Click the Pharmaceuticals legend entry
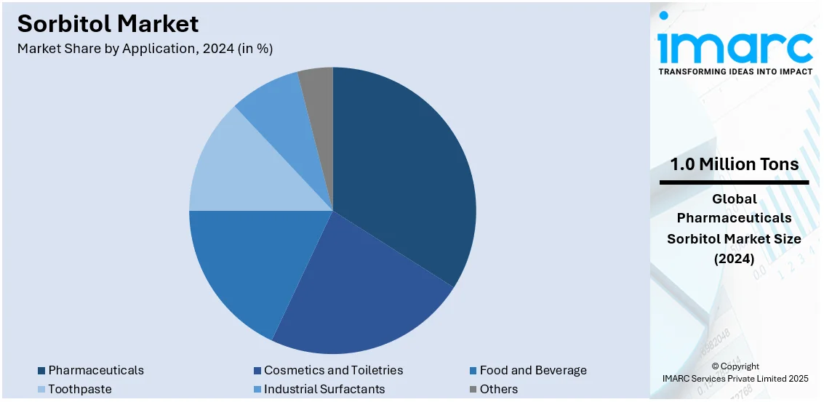[96, 371]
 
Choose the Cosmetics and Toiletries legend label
[333, 371]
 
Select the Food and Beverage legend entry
[533, 371]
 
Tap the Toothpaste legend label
[80, 389]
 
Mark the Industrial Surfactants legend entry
[324, 389]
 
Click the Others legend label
[499, 389]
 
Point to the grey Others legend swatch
[473, 389]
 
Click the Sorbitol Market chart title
[108, 24]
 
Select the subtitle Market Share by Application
[145, 49]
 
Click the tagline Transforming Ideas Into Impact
[735, 72]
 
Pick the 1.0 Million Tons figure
[735, 164]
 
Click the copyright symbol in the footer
[716, 367]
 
